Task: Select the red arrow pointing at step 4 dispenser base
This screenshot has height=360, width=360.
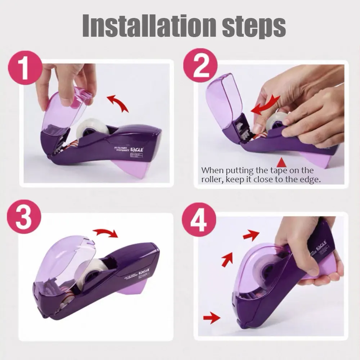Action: [x=211, y=317]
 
